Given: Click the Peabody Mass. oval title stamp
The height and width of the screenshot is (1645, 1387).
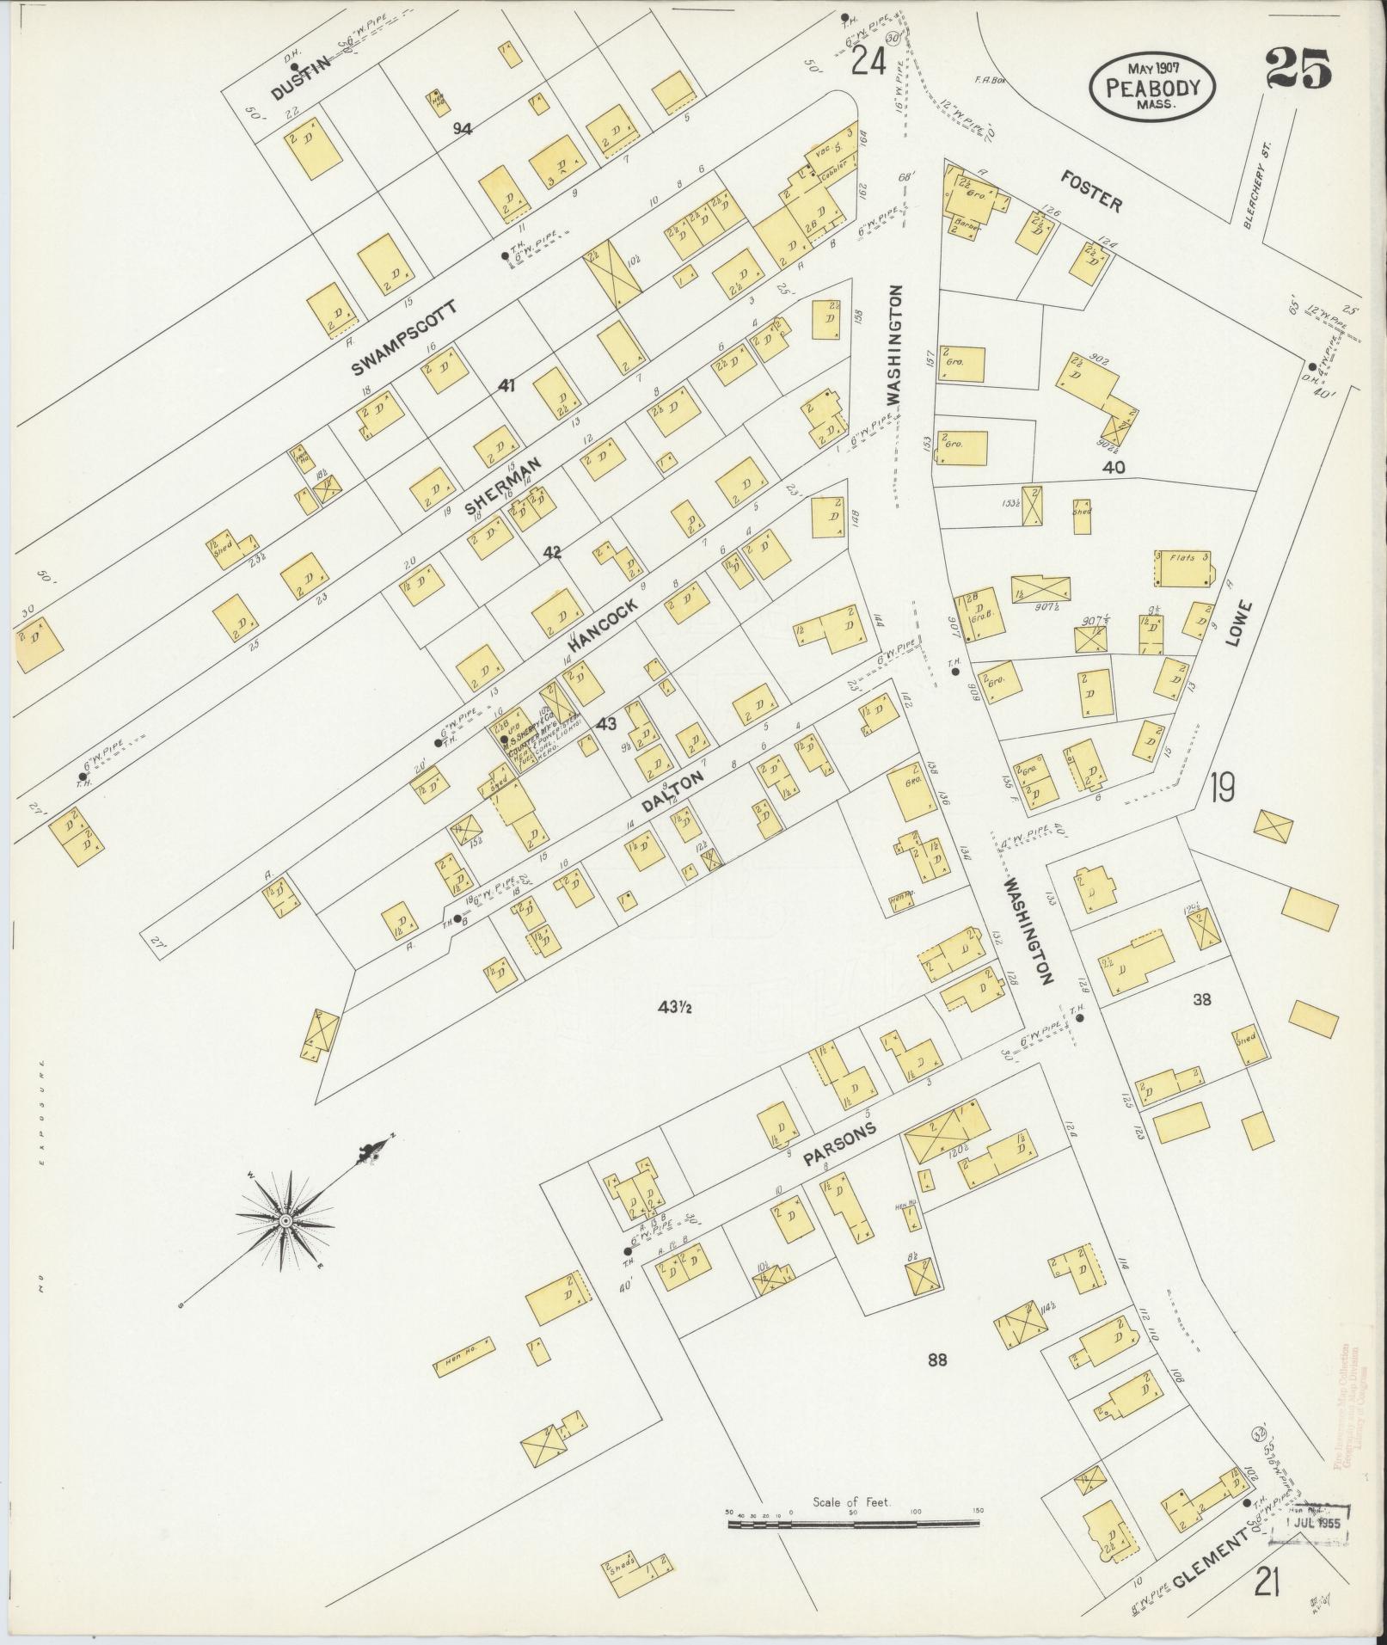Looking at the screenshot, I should (x=1153, y=88).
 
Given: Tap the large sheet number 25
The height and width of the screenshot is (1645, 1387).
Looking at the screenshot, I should (x=1298, y=69).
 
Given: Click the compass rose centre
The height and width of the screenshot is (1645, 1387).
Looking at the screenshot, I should (x=285, y=1220).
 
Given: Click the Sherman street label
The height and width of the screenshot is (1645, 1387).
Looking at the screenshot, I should (x=503, y=486).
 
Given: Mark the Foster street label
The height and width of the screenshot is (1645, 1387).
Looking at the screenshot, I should (x=1092, y=191).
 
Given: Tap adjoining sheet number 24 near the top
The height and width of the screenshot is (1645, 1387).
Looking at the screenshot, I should (x=868, y=61).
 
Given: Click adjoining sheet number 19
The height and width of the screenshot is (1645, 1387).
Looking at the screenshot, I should (x=1222, y=786).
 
